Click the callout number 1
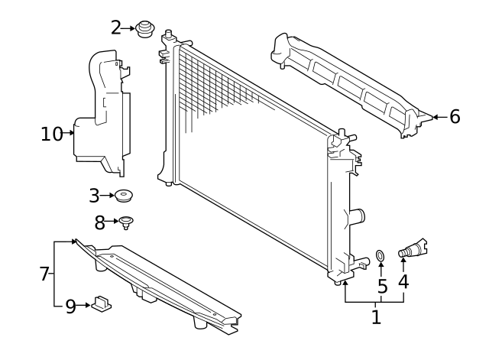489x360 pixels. (376, 316)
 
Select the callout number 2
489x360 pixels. (116, 28)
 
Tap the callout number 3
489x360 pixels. (94, 196)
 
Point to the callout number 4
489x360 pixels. (403, 281)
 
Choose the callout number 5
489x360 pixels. (382, 287)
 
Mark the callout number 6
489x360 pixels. (455, 117)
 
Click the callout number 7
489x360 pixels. (44, 272)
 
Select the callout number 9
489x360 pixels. (70, 306)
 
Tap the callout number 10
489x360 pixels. (51, 134)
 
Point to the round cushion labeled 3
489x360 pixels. (124, 197)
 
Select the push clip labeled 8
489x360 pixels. (126, 223)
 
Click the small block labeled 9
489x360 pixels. (101, 306)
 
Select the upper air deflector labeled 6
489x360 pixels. (344, 84)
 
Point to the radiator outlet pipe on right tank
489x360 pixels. (356, 217)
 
